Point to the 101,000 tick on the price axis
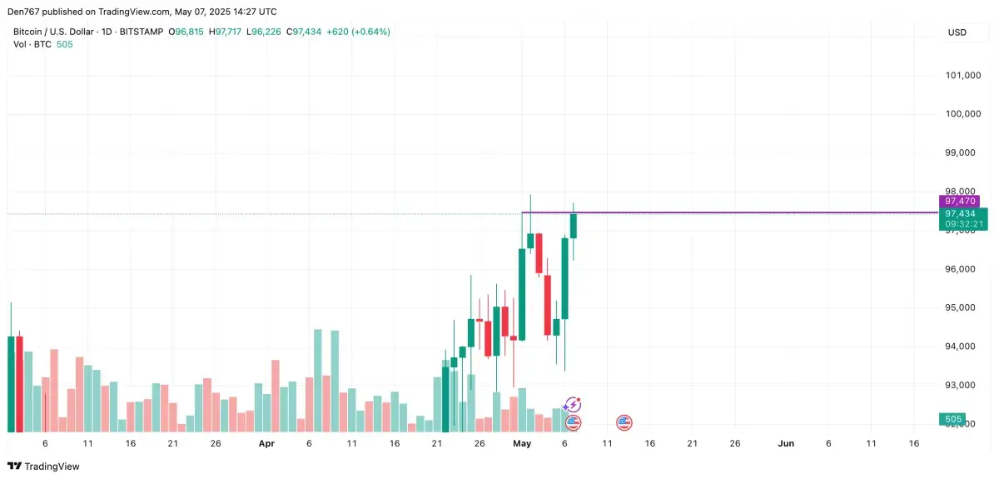963,76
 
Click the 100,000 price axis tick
963,114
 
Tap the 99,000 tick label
963,153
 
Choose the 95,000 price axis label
963,308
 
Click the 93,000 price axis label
963,386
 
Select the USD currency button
957,32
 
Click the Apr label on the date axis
266,444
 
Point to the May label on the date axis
522,444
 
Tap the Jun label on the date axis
785,444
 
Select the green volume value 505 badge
953,419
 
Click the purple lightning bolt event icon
573,405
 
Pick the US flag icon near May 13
624,423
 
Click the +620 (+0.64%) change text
356,32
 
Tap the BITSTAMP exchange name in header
142,32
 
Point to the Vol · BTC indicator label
32,44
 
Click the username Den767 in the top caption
27,12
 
